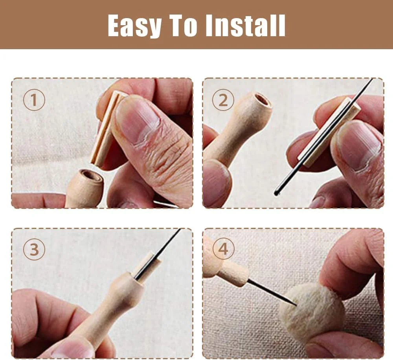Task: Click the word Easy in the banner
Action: click(x=134, y=25)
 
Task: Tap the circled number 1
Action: click(x=34, y=100)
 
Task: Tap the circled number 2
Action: click(x=223, y=100)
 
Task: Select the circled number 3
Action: click(x=34, y=249)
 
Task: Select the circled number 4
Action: click(x=223, y=249)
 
